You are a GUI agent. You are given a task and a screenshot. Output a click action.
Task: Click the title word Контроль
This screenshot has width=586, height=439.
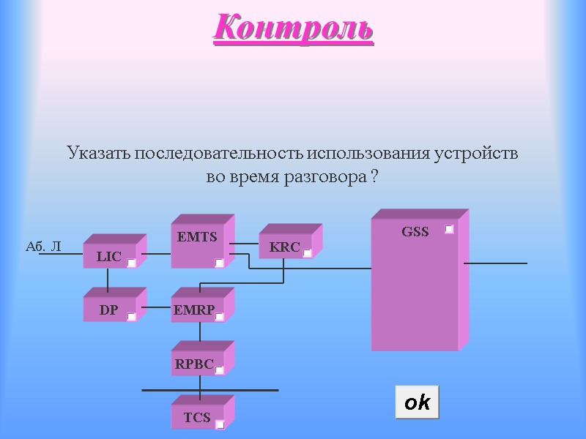coord(294,29)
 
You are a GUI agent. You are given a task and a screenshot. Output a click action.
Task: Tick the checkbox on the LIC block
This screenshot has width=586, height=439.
coord(131,263)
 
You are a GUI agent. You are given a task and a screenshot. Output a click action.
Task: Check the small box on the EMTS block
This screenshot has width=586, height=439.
coord(219,263)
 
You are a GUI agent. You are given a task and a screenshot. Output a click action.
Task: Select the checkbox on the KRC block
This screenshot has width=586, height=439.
coord(307,252)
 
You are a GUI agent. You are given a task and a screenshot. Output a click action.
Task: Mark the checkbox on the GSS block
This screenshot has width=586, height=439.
coord(449,230)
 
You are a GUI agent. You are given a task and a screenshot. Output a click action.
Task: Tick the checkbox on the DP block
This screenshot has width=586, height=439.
coord(131,316)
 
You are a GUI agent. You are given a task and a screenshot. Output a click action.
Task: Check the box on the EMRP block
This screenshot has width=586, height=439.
coord(219,316)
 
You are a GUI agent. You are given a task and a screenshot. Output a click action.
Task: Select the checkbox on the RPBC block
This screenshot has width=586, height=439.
coord(219,370)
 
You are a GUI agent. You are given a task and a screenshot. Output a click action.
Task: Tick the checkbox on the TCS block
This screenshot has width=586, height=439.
coord(219,424)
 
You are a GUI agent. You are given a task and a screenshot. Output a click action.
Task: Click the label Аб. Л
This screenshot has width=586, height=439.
coord(43,247)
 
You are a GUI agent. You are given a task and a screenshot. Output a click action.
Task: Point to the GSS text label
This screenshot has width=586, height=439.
coord(415,232)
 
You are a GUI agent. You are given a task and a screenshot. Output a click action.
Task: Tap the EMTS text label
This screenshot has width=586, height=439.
coord(197,237)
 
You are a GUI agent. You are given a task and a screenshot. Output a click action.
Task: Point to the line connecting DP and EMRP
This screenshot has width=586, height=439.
coord(156,307)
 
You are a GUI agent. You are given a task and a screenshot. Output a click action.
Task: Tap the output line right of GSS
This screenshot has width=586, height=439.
coord(495,263)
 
